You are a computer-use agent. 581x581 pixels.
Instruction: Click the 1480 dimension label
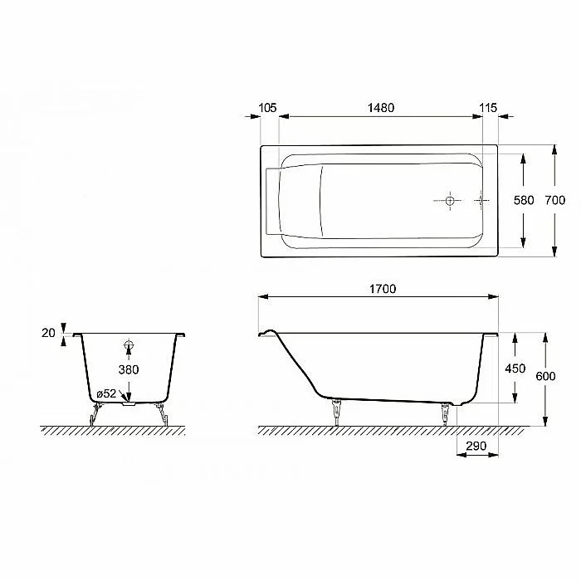coord(380,108)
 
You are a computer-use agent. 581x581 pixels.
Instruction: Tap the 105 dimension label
coord(267,108)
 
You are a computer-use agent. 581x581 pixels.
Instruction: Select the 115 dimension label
coord(488,108)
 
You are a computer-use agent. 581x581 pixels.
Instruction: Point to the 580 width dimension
coord(524,200)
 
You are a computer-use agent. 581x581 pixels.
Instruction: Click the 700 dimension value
coord(555,200)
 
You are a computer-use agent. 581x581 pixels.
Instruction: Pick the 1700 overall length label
coord(383,289)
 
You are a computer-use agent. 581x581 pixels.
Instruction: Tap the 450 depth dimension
coord(515,369)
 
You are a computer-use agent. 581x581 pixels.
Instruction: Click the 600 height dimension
coord(545,376)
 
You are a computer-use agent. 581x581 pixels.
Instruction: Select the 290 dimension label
coord(476,446)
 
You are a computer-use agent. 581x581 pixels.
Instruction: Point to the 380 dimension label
coord(129,369)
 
